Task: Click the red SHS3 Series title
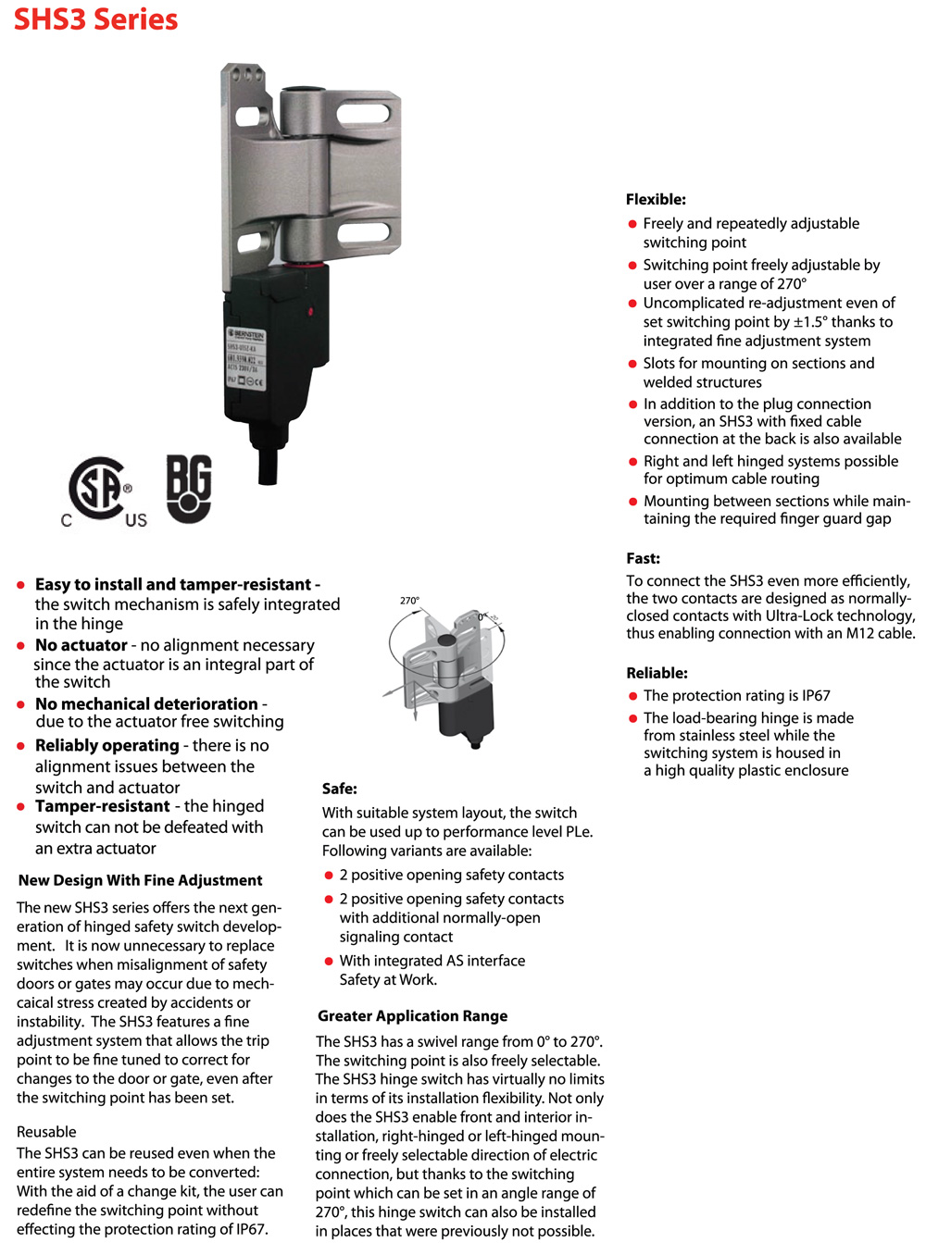pyautogui.click(x=95, y=19)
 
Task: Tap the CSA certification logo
pyautogui.click(x=99, y=491)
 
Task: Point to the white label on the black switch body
pyautogui.click(x=245, y=357)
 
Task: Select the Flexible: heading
pyautogui.click(x=656, y=199)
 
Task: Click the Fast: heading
pyautogui.click(x=643, y=558)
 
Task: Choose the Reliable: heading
pyautogui.click(x=657, y=673)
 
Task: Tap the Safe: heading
pyautogui.click(x=339, y=789)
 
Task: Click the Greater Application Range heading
pyautogui.click(x=412, y=1015)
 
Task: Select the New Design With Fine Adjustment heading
pyautogui.click(x=140, y=880)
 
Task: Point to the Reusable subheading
pyautogui.click(x=46, y=1131)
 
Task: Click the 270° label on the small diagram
pyautogui.click(x=409, y=601)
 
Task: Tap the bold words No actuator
pyautogui.click(x=81, y=645)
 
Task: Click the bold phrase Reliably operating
pyautogui.click(x=106, y=745)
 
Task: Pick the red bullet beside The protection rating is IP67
pyautogui.click(x=632, y=696)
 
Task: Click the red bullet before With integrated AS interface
pyautogui.click(x=329, y=962)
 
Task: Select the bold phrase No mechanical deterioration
pyautogui.click(x=146, y=703)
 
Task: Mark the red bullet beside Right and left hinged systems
pyautogui.click(x=632, y=462)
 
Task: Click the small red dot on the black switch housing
pyautogui.click(x=310, y=311)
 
